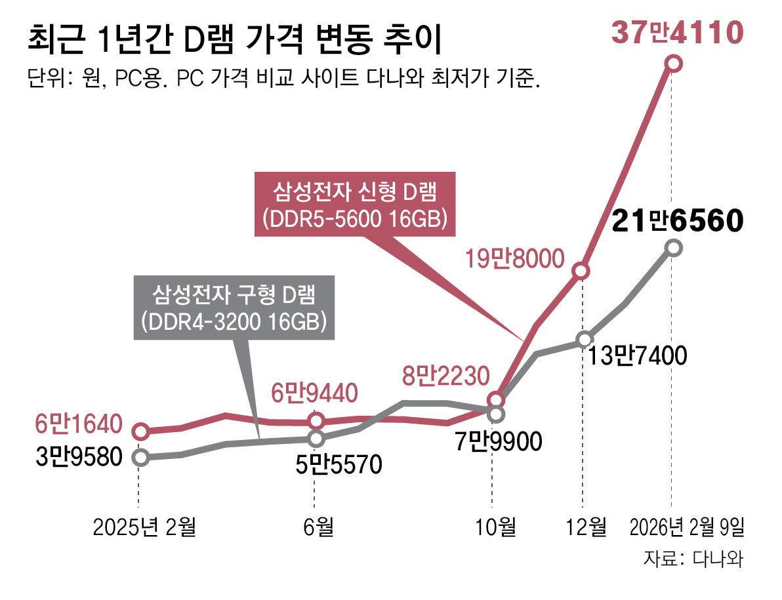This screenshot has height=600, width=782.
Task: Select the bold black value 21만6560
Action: [x=676, y=222]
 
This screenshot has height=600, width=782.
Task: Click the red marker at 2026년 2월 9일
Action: [x=673, y=63]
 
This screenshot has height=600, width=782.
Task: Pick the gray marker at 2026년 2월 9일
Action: [x=673, y=248]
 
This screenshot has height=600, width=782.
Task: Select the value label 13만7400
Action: [x=637, y=355]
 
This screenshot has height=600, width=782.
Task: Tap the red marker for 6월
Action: [x=316, y=420]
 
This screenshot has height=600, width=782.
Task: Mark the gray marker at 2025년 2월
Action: [x=139, y=457]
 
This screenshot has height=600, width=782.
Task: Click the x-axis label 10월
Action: [x=497, y=527]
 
